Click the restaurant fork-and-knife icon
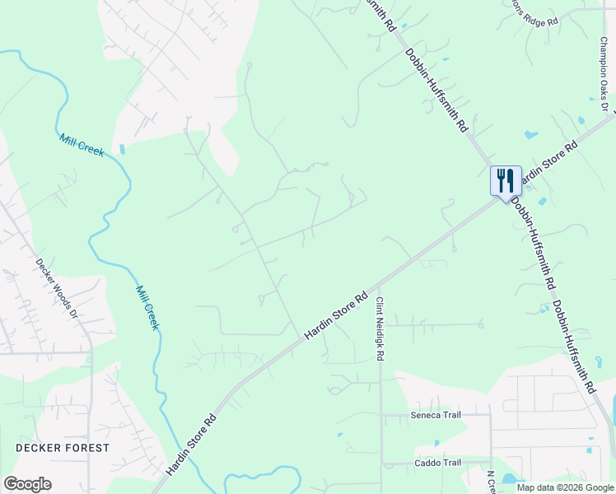click(506, 180)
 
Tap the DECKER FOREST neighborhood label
click(62, 448)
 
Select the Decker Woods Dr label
click(57, 290)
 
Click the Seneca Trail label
click(436, 416)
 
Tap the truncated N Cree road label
click(490, 482)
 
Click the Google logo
click(27, 484)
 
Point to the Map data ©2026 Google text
click(565, 487)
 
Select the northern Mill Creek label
click(82, 145)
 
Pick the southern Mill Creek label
click(147, 307)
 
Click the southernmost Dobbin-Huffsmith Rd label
click(573, 346)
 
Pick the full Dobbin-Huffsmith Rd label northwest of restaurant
click(436, 91)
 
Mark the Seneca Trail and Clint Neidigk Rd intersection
click(380, 416)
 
